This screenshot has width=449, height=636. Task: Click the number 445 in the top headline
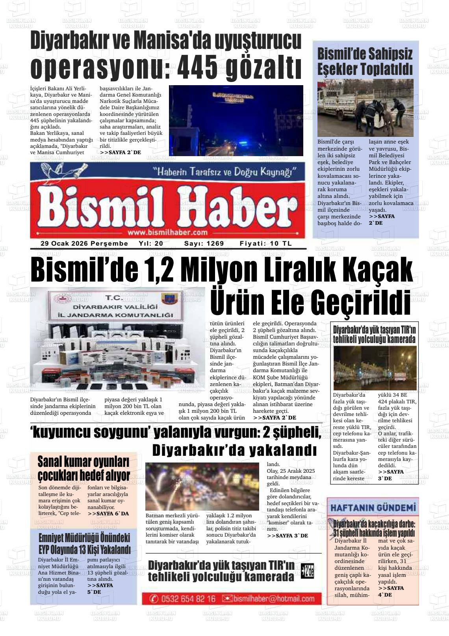click(x=197, y=67)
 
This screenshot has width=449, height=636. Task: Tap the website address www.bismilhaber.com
click(x=167, y=232)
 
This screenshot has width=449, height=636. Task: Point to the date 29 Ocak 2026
click(x=65, y=244)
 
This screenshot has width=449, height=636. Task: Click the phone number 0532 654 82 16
click(x=188, y=599)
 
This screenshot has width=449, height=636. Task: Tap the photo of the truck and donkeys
click(x=365, y=108)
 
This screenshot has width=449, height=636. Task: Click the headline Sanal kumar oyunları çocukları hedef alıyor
click(x=83, y=468)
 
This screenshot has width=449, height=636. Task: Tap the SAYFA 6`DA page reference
click(x=108, y=514)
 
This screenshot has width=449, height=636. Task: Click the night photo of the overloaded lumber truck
click(x=375, y=368)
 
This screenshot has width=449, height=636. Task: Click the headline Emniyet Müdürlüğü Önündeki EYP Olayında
click(x=84, y=544)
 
